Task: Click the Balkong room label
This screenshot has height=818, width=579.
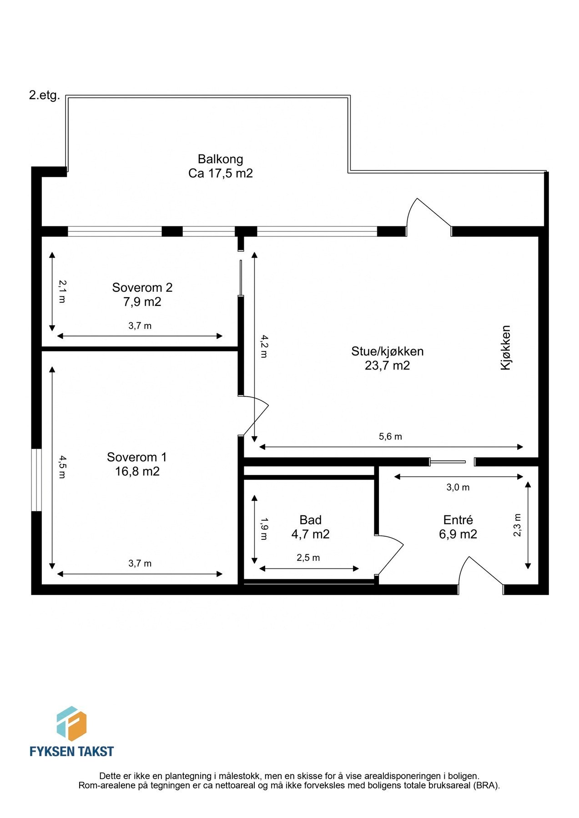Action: coord(220,159)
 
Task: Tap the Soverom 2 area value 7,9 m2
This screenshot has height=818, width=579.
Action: coord(142,302)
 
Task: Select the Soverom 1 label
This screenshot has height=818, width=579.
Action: coord(137,457)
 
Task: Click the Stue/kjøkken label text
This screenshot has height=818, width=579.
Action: coord(387,351)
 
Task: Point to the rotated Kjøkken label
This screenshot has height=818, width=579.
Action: coord(505,347)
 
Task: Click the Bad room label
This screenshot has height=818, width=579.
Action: coord(310,519)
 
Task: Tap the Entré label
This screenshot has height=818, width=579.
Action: coord(458,519)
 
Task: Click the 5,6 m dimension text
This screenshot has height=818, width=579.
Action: coord(390,437)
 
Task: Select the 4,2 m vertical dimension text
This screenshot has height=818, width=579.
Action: coord(264,346)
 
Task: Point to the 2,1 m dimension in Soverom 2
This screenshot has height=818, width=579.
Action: coord(62,291)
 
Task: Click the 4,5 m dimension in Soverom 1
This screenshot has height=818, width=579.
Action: coord(62,467)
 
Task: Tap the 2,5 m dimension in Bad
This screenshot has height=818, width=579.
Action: coord(308,558)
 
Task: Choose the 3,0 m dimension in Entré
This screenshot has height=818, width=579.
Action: coord(458,488)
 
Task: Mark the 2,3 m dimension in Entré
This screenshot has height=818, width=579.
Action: coord(517,525)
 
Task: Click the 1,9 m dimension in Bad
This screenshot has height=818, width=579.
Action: coord(264,529)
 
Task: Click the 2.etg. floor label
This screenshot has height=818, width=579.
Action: coord(44,95)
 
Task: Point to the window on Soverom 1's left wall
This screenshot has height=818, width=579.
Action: coord(36,480)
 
